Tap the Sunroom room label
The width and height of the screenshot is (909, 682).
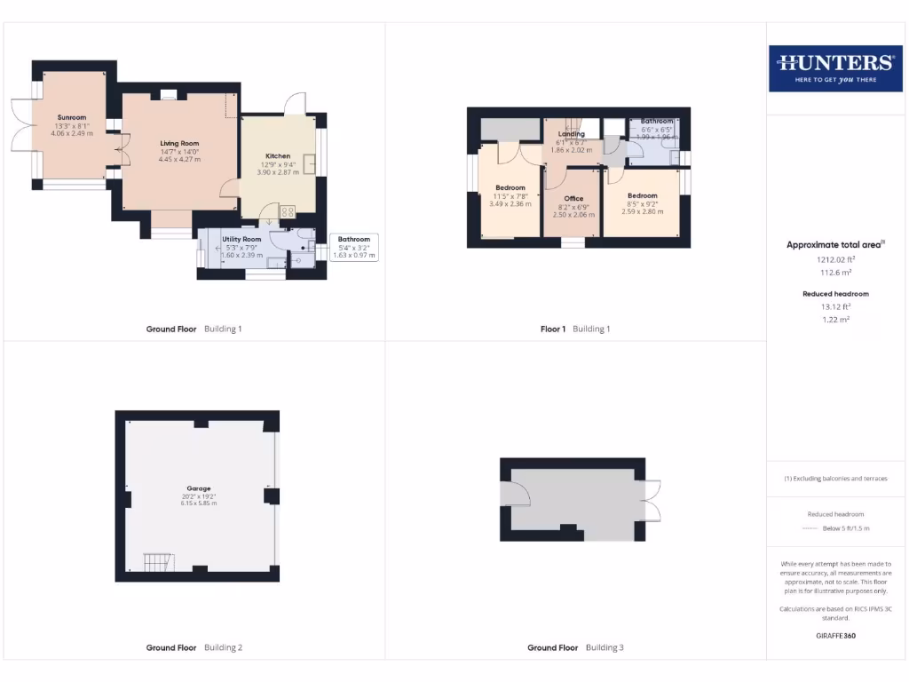click(72, 117)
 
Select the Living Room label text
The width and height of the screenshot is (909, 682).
click(179, 143)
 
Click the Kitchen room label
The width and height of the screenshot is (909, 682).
click(278, 156)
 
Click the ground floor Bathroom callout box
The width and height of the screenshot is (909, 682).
click(353, 247)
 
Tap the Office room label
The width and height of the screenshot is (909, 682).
click(573, 198)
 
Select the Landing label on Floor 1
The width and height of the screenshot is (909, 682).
click(572, 134)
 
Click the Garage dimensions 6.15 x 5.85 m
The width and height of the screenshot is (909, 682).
click(199, 504)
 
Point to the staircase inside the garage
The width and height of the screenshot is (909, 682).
click(159, 562)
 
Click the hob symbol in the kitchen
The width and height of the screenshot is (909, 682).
click(288, 211)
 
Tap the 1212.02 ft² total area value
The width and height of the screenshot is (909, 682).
click(834, 260)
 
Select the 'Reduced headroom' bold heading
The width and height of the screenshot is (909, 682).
click(835, 293)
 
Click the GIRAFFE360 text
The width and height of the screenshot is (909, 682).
click(835, 636)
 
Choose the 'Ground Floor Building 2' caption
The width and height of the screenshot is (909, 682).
click(194, 647)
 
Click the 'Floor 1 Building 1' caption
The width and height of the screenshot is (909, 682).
click(575, 329)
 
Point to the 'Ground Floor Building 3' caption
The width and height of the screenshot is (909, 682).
click(575, 647)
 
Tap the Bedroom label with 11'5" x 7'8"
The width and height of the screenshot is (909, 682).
click(510, 188)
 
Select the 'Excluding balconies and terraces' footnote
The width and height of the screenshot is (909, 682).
click(835, 479)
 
